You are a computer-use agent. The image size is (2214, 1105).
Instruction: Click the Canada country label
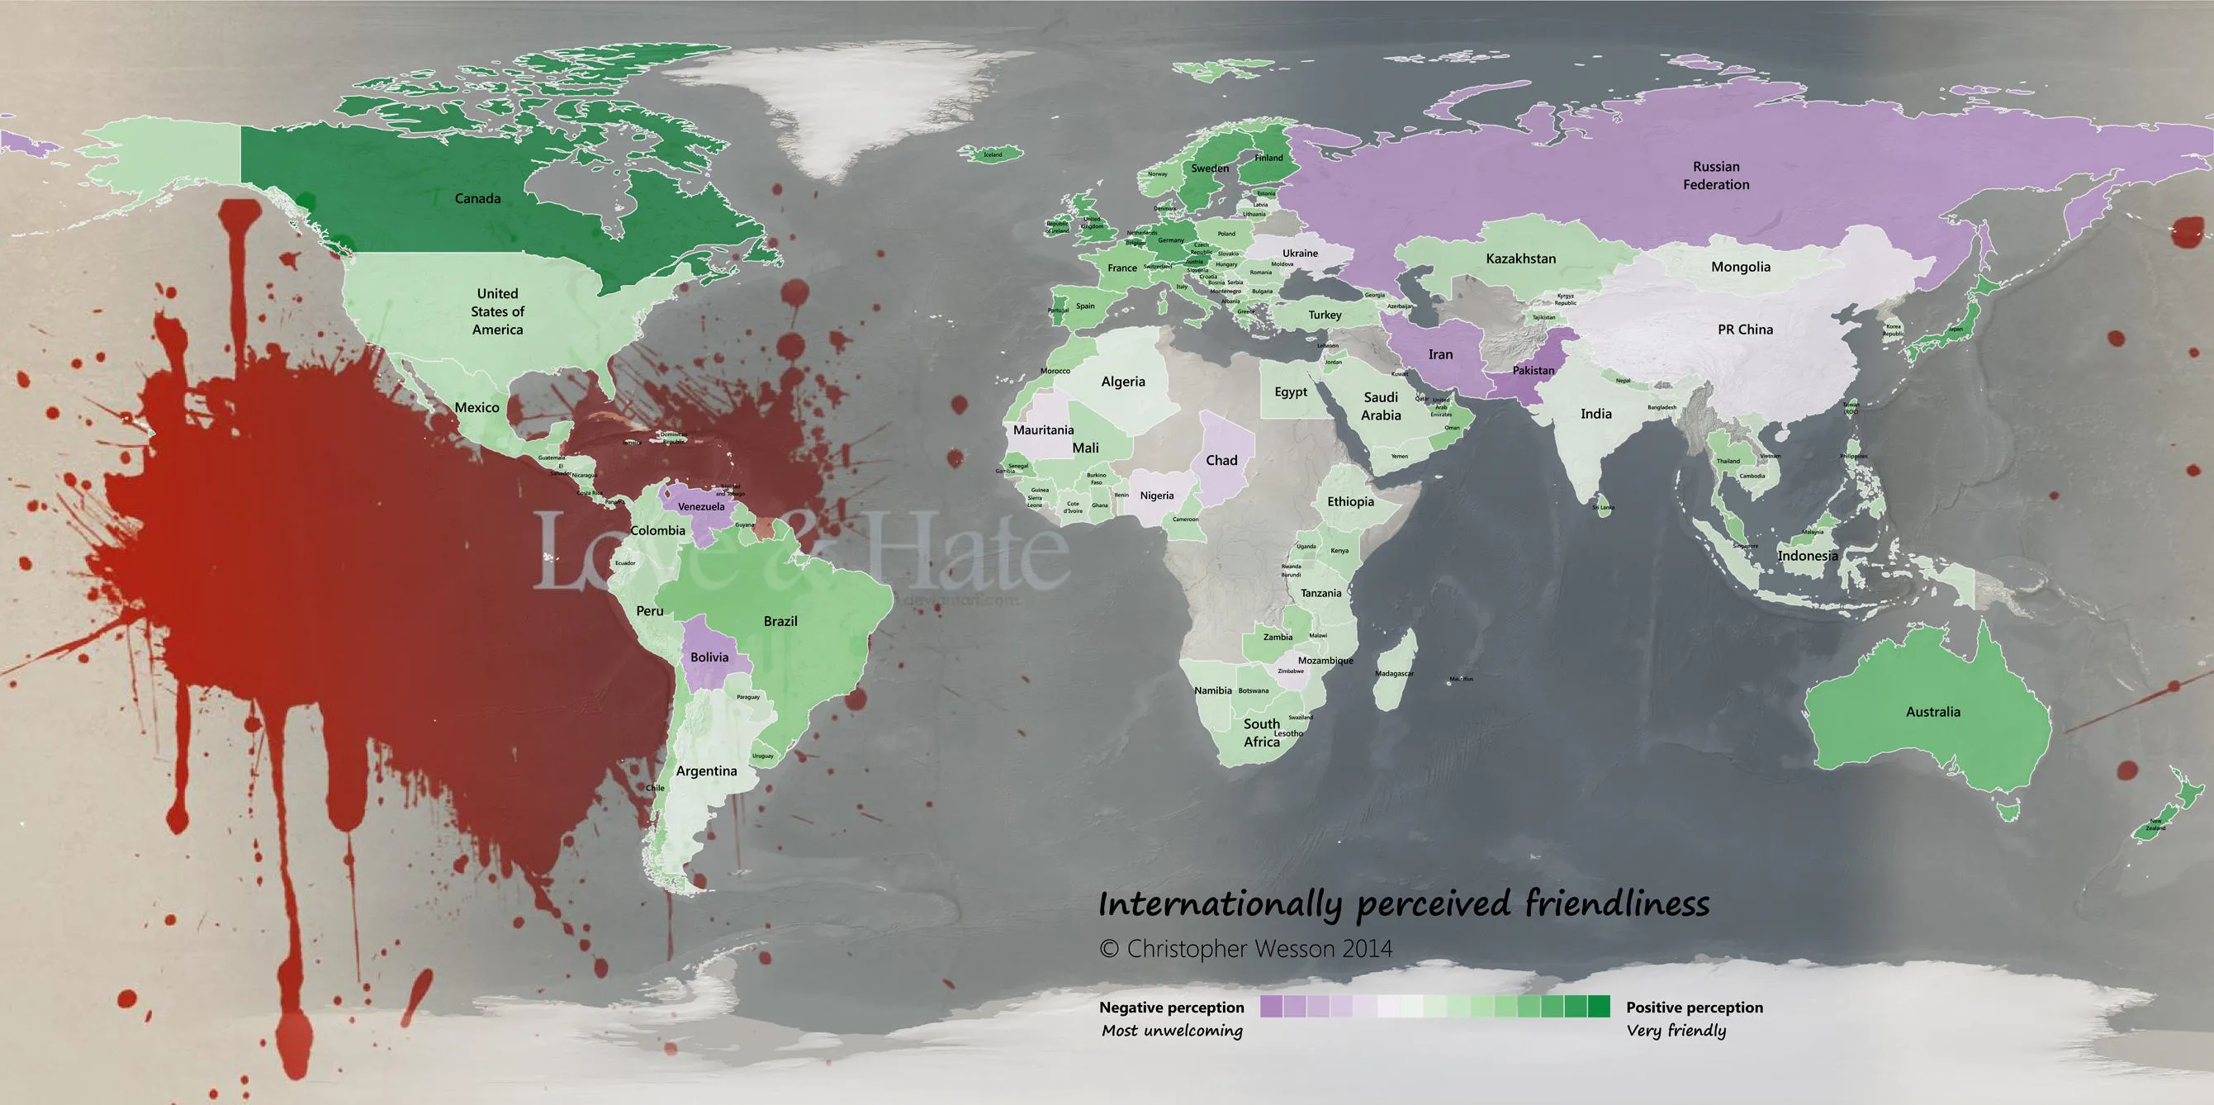pyautogui.click(x=477, y=198)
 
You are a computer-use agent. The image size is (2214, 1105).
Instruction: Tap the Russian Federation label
pyautogui.click(x=1715, y=175)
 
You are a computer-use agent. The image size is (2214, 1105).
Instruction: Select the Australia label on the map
pyautogui.click(x=1933, y=711)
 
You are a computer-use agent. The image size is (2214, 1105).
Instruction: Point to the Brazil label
pyautogui.click(x=780, y=621)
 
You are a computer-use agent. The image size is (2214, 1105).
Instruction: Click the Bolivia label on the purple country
pyautogui.click(x=709, y=657)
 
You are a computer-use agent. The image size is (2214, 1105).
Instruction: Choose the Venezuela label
pyautogui.click(x=700, y=507)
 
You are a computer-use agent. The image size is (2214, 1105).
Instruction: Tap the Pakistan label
pyautogui.click(x=1534, y=370)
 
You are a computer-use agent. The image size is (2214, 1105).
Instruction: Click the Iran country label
pyautogui.click(x=1440, y=354)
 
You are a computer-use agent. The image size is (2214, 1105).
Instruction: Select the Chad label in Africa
pyautogui.click(x=1221, y=461)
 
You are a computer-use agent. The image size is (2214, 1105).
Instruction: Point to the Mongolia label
pyautogui.click(x=1741, y=267)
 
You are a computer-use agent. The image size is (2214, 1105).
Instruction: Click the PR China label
pyautogui.click(x=1745, y=329)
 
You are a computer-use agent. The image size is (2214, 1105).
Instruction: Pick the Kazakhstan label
pyautogui.click(x=1520, y=258)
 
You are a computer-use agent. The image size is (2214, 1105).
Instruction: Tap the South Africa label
pyautogui.click(x=1262, y=733)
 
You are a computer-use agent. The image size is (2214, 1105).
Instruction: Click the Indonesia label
pyautogui.click(x=1808, y=556)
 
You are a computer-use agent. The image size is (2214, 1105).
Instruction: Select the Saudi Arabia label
pyautogui.click(x=1380, y=405)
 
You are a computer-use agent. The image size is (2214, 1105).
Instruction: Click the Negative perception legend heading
pyautogui.click(x=1172, y=1007)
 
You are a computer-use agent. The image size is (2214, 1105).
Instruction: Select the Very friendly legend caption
pyautogui.click(x=1676, y=1030)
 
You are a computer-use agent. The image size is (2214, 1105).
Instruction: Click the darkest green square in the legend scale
pyautogui.click(x=1599, y=1006)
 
